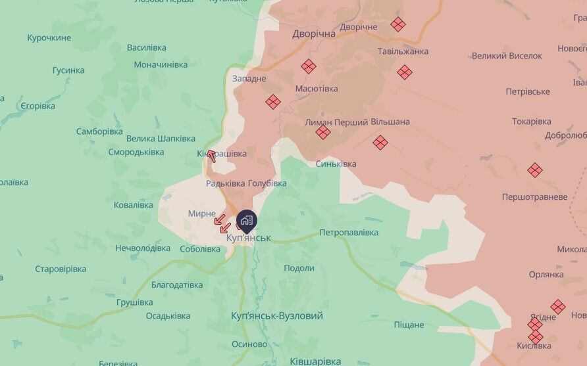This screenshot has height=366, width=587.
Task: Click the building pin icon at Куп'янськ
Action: pyautogui.click(x=247, y=220)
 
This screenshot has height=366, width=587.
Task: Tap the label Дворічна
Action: pyautogui.click(x=314, y=34)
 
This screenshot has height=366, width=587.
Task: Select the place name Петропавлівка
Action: pyautogui.click(x=349, y=233)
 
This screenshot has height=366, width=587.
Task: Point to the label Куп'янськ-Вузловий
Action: pyautogui.click(x=277, y=316)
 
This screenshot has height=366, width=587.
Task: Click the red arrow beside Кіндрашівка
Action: pyautogui.click(x=211, y=156)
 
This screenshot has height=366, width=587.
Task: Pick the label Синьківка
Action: pyautogui.click(x=336, y=164)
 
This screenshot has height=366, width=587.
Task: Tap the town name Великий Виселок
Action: pyautogui.click(x=507, y=57)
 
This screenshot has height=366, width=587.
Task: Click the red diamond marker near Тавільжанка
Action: pyautogui.click(x=405, y=72)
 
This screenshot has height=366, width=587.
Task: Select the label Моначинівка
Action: pyautogui.click(x=161, y=64)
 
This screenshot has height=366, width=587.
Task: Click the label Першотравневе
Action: pyautogui.click(x=534, y=196)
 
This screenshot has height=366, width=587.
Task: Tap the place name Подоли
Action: pyautogui.click(x=299, y=268)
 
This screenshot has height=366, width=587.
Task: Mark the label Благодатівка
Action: pyautogui.click(x=177, y=285)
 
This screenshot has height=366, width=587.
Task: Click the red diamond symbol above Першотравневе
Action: pyautogui.click(x=535, y=170)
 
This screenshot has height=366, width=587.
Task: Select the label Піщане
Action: pyautogui.click(x=409, y=325)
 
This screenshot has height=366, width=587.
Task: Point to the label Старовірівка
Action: pyautogui.click(x=61, y=269)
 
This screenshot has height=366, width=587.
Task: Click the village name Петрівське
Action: pyautogui.click(x=527, y=91)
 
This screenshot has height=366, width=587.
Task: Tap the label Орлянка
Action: pyautogui.click(x=546, y=274)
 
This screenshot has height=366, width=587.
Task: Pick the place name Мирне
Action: pyautogui.click(x=202, y=214)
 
